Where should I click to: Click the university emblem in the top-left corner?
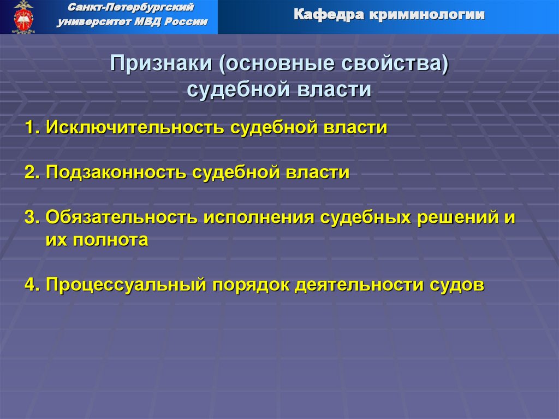(x=23, y=16)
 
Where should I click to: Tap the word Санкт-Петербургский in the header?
(x=132, y=8)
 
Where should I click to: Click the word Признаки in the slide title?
(x=162, y=64)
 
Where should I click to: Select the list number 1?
(x=31, y=128)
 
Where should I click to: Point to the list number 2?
(x=31, y=173)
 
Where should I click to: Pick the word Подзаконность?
(x=115, y=173)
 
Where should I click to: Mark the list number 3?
(x=31, y=217)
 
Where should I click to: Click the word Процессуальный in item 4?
(x=126, y=285)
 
